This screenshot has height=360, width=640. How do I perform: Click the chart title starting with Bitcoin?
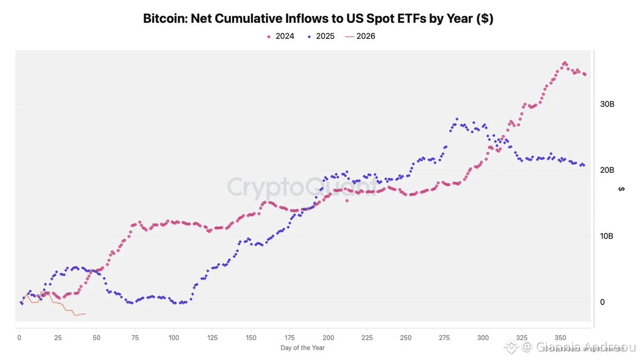(317, 19)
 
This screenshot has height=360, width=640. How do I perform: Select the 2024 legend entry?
(282, 37)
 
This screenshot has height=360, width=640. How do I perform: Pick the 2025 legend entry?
(321, 37)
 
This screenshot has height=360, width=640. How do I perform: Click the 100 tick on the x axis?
(174, 338)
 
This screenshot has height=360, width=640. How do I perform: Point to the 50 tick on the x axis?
(97, 338)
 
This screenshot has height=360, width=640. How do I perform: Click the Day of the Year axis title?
(302, 348)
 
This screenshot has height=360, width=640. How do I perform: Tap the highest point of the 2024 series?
(565, 63)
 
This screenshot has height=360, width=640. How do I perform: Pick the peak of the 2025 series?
(457, 119)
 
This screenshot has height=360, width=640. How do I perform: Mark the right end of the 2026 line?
(85, 314)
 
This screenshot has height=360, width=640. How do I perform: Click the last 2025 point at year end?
(583, 165)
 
